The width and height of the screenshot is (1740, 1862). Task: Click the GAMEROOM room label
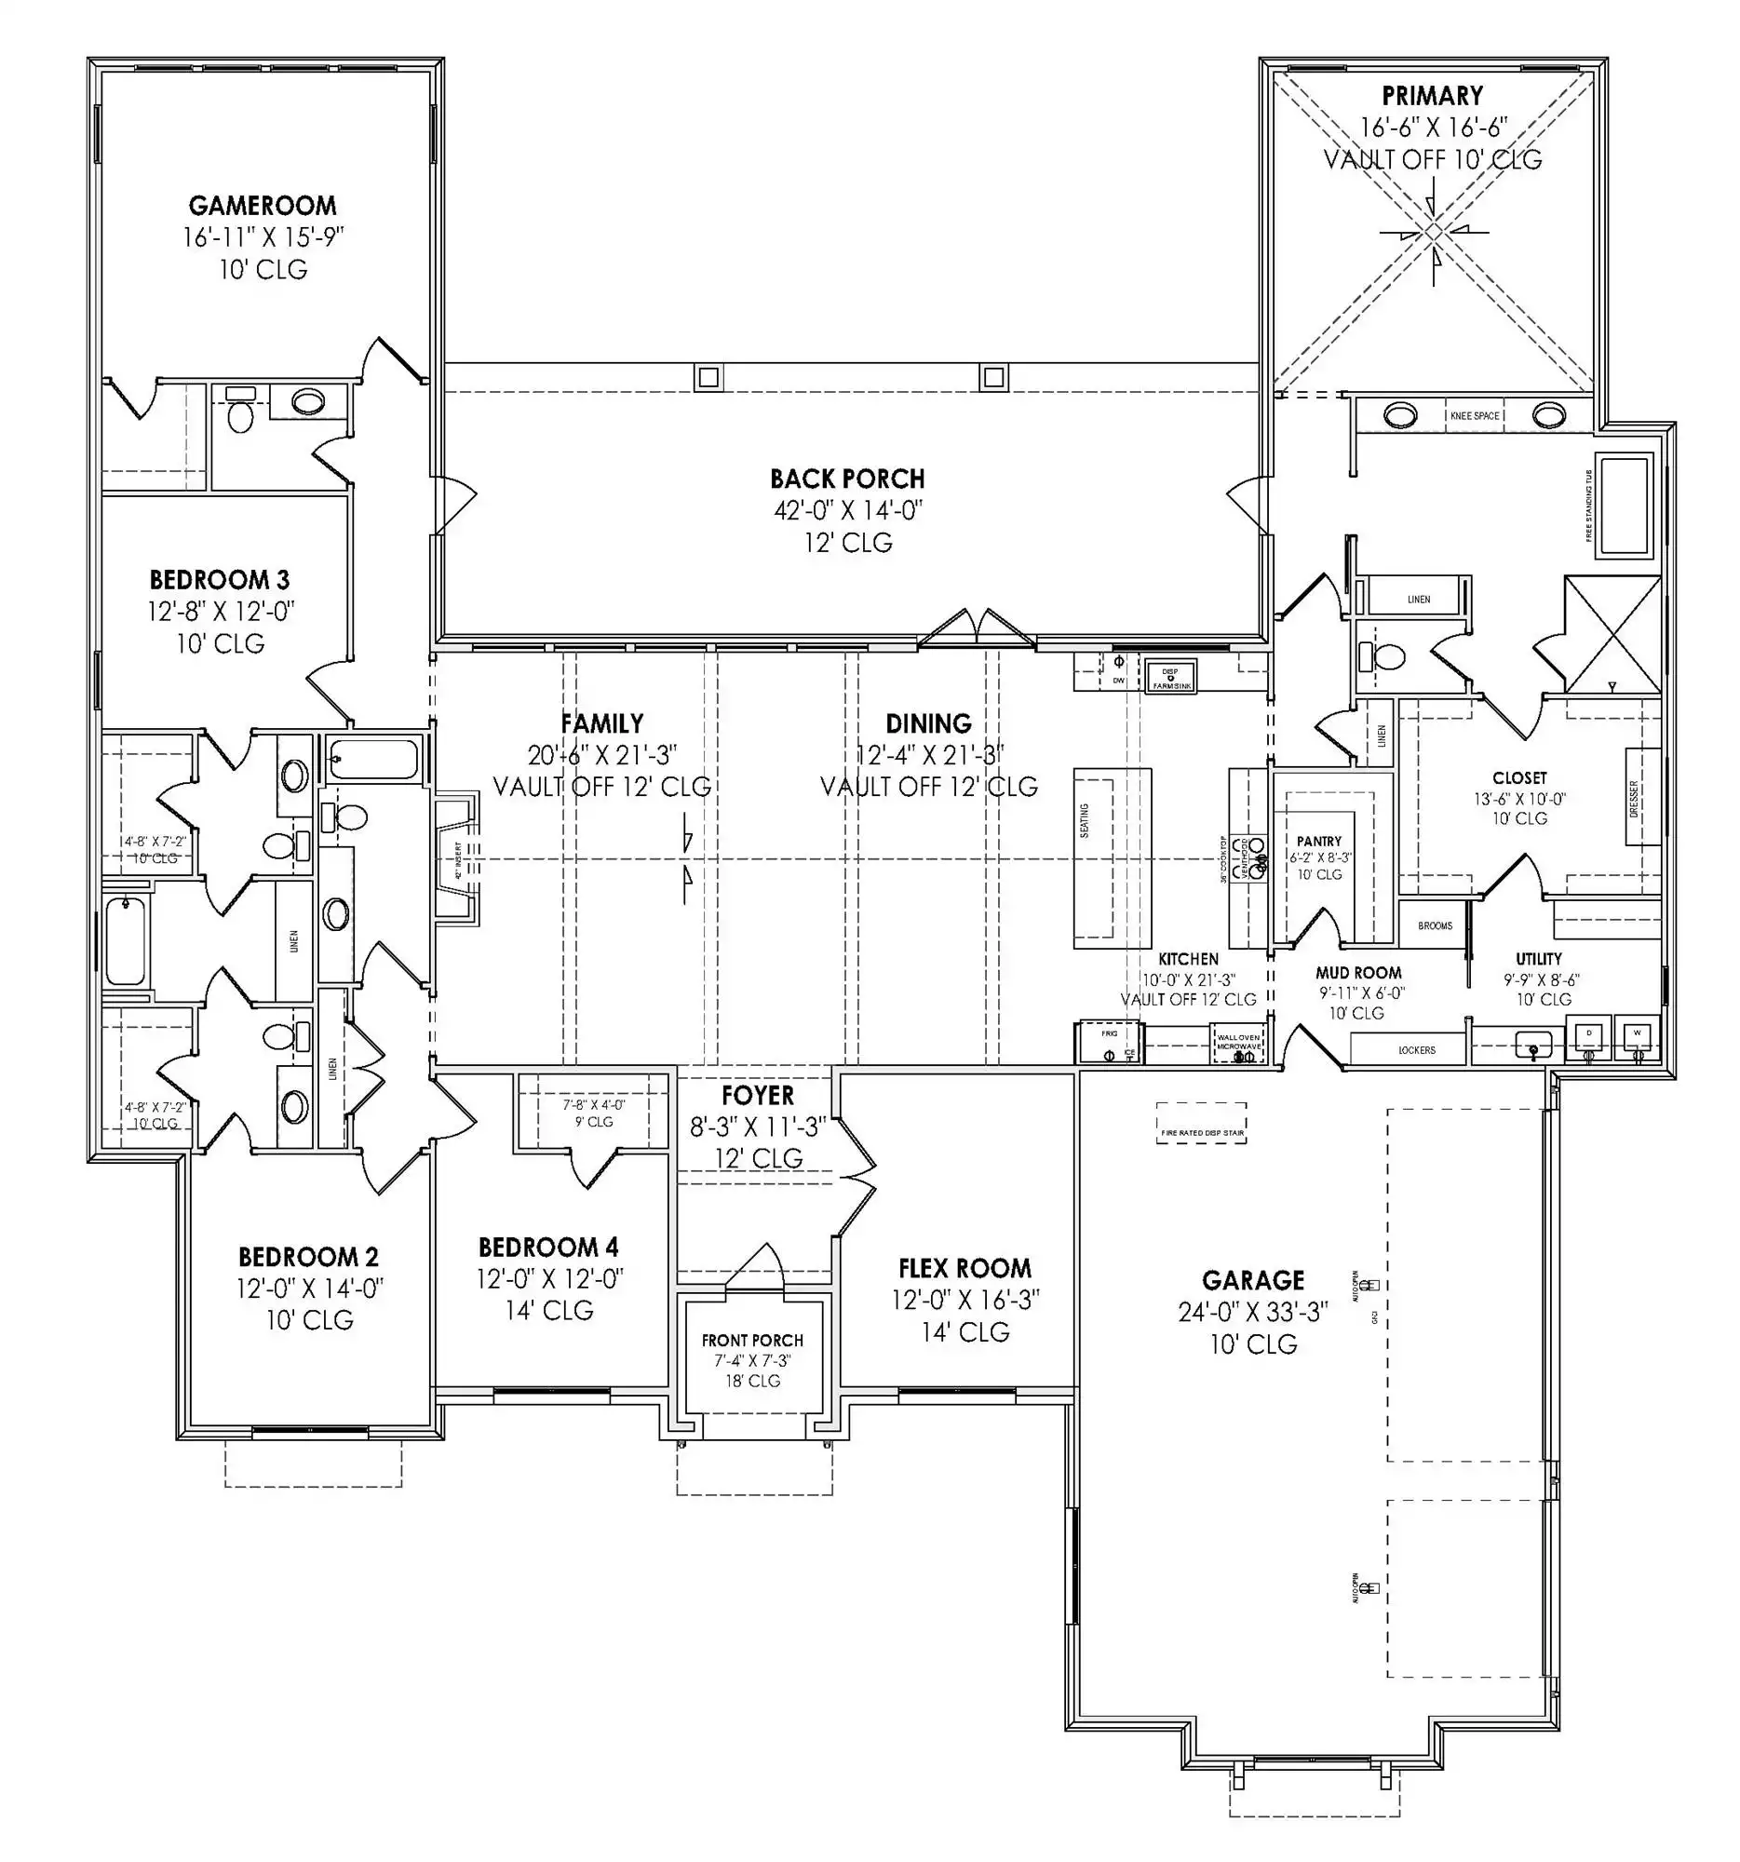click(x=263, y=205)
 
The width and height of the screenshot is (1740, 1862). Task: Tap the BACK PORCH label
click(x=846, y=479)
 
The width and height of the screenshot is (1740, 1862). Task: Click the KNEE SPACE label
click(x=1474, y=415)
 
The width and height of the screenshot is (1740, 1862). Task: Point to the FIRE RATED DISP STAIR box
click(x=1202, y=1123)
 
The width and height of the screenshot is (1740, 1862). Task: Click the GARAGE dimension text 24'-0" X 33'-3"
click(x=1253, y=1312)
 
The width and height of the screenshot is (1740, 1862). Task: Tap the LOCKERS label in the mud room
click(x=1416, y=1050)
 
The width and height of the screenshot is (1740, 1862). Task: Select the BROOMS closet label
click(x=1434, y=925)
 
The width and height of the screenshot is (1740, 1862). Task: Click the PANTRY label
click(x=1318, y=841)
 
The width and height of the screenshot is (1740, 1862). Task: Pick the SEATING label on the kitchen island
click(x=1085, y=820)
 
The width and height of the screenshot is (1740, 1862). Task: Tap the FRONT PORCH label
click(x=752, y=1341)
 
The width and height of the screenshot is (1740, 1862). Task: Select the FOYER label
click(x=757, y=1095)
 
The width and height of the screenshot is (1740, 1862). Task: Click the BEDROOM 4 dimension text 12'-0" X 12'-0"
click(x=549, y=1278)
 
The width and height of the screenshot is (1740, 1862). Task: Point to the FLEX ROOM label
click(x=964, y=1268)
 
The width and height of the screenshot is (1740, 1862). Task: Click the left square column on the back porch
click(x=708, y=377)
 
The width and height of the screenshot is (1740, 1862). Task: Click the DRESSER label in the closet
click(x=1634, y=798)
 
